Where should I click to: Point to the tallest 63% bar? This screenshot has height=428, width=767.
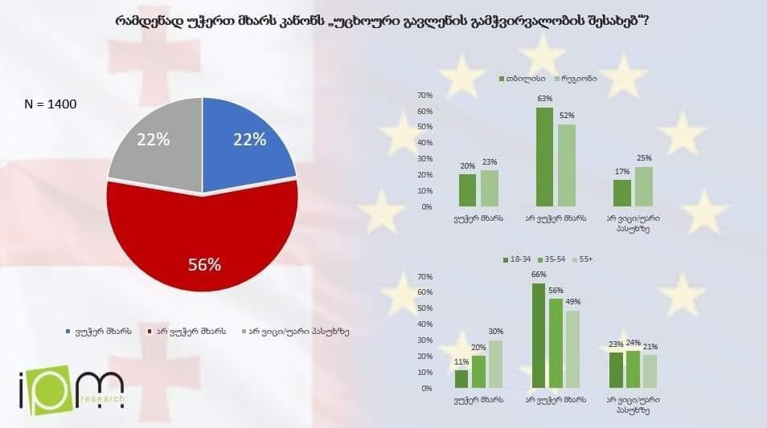(x=544, y=157)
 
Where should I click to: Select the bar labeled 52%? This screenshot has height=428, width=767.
(x=567, y=165)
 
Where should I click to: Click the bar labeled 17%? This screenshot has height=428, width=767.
(x=622, y=193)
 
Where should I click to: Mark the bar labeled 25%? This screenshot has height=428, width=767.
(x=644, y=186)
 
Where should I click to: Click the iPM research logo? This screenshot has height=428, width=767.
(x=72, y=391)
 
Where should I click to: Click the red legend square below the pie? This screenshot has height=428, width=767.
(x=150, y=331)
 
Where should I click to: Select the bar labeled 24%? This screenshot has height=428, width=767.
(x=634, y=369)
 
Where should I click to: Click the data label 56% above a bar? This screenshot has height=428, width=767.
(x=556, y=291)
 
